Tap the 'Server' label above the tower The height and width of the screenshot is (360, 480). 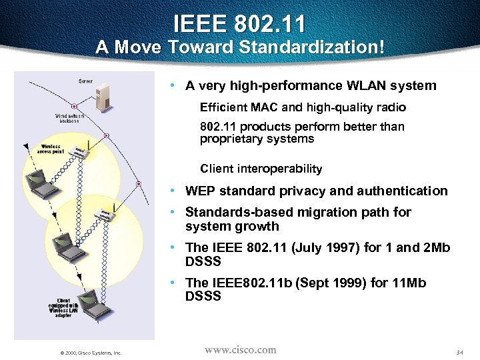85,81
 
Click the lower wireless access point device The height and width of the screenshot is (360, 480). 105,215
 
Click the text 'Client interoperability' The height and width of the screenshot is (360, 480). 261,169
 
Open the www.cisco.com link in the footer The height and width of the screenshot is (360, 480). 240,349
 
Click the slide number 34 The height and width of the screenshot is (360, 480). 460,352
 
